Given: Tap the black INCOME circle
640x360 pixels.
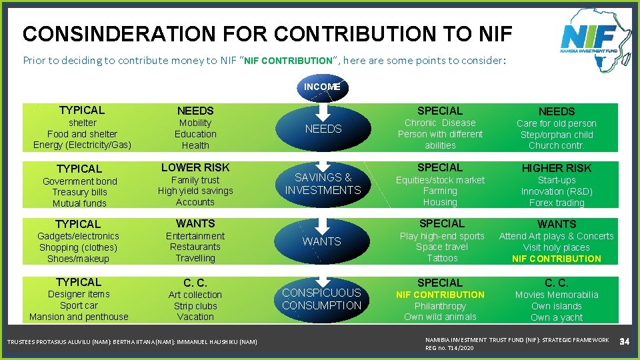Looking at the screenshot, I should pyautogui.click(x=322, y=87).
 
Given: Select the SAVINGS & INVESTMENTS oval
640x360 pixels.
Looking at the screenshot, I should pyautogui.click(x=323, y=184).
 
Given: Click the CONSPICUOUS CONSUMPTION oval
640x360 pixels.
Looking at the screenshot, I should pyautogui.click(x=321, y=299).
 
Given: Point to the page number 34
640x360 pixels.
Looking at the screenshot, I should pyautogui.click(x=625, y=342).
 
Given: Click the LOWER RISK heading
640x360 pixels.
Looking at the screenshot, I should pyautogui.click(x=195, y=167).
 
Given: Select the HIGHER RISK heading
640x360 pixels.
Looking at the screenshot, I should pyautogui.click(x=556, y=168).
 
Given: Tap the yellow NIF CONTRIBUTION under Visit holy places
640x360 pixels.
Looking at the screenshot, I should pyautogui.click(x=556, y=259).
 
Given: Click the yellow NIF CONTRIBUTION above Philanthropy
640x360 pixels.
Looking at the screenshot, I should pyautogui.click(x=440, y=295).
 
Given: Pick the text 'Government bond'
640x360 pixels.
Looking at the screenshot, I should pyautogui.click(x=79, y=181).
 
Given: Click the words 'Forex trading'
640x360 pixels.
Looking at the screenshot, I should pyautogui.click(x=556, y=203).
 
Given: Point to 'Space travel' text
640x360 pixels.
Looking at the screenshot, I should pyautogui.click(x=442, y=247).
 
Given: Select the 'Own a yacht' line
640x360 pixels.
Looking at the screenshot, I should pyautogui.click(x=556, y=317).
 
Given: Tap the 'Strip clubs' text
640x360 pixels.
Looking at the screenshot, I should pyautogui.click(x=195, y=306).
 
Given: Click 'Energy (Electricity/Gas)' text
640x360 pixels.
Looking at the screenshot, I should pyautogui.click(x=82, y=145).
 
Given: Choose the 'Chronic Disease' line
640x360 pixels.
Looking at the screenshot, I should pyautogui.click(x=440, y=123).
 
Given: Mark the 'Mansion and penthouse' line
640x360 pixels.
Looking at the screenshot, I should pyautogui.click(x=79, y=317).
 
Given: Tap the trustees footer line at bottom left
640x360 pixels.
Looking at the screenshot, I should pyautogui.click(x=131, y=342).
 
